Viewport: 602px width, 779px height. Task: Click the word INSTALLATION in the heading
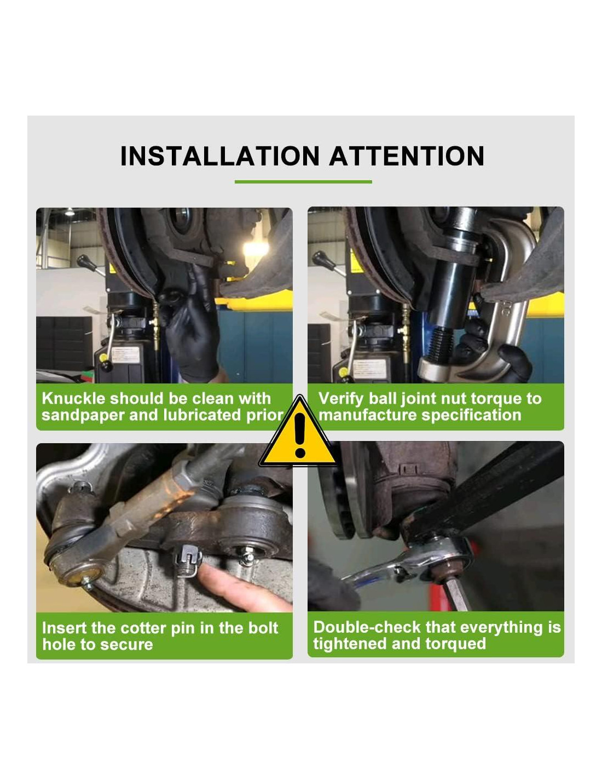[x=219, y=156]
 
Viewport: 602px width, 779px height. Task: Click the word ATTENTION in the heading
[x=407, y=156]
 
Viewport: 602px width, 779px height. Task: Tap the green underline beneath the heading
[x=303, y=182]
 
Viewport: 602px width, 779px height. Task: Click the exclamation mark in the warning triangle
[x=300, y=434]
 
